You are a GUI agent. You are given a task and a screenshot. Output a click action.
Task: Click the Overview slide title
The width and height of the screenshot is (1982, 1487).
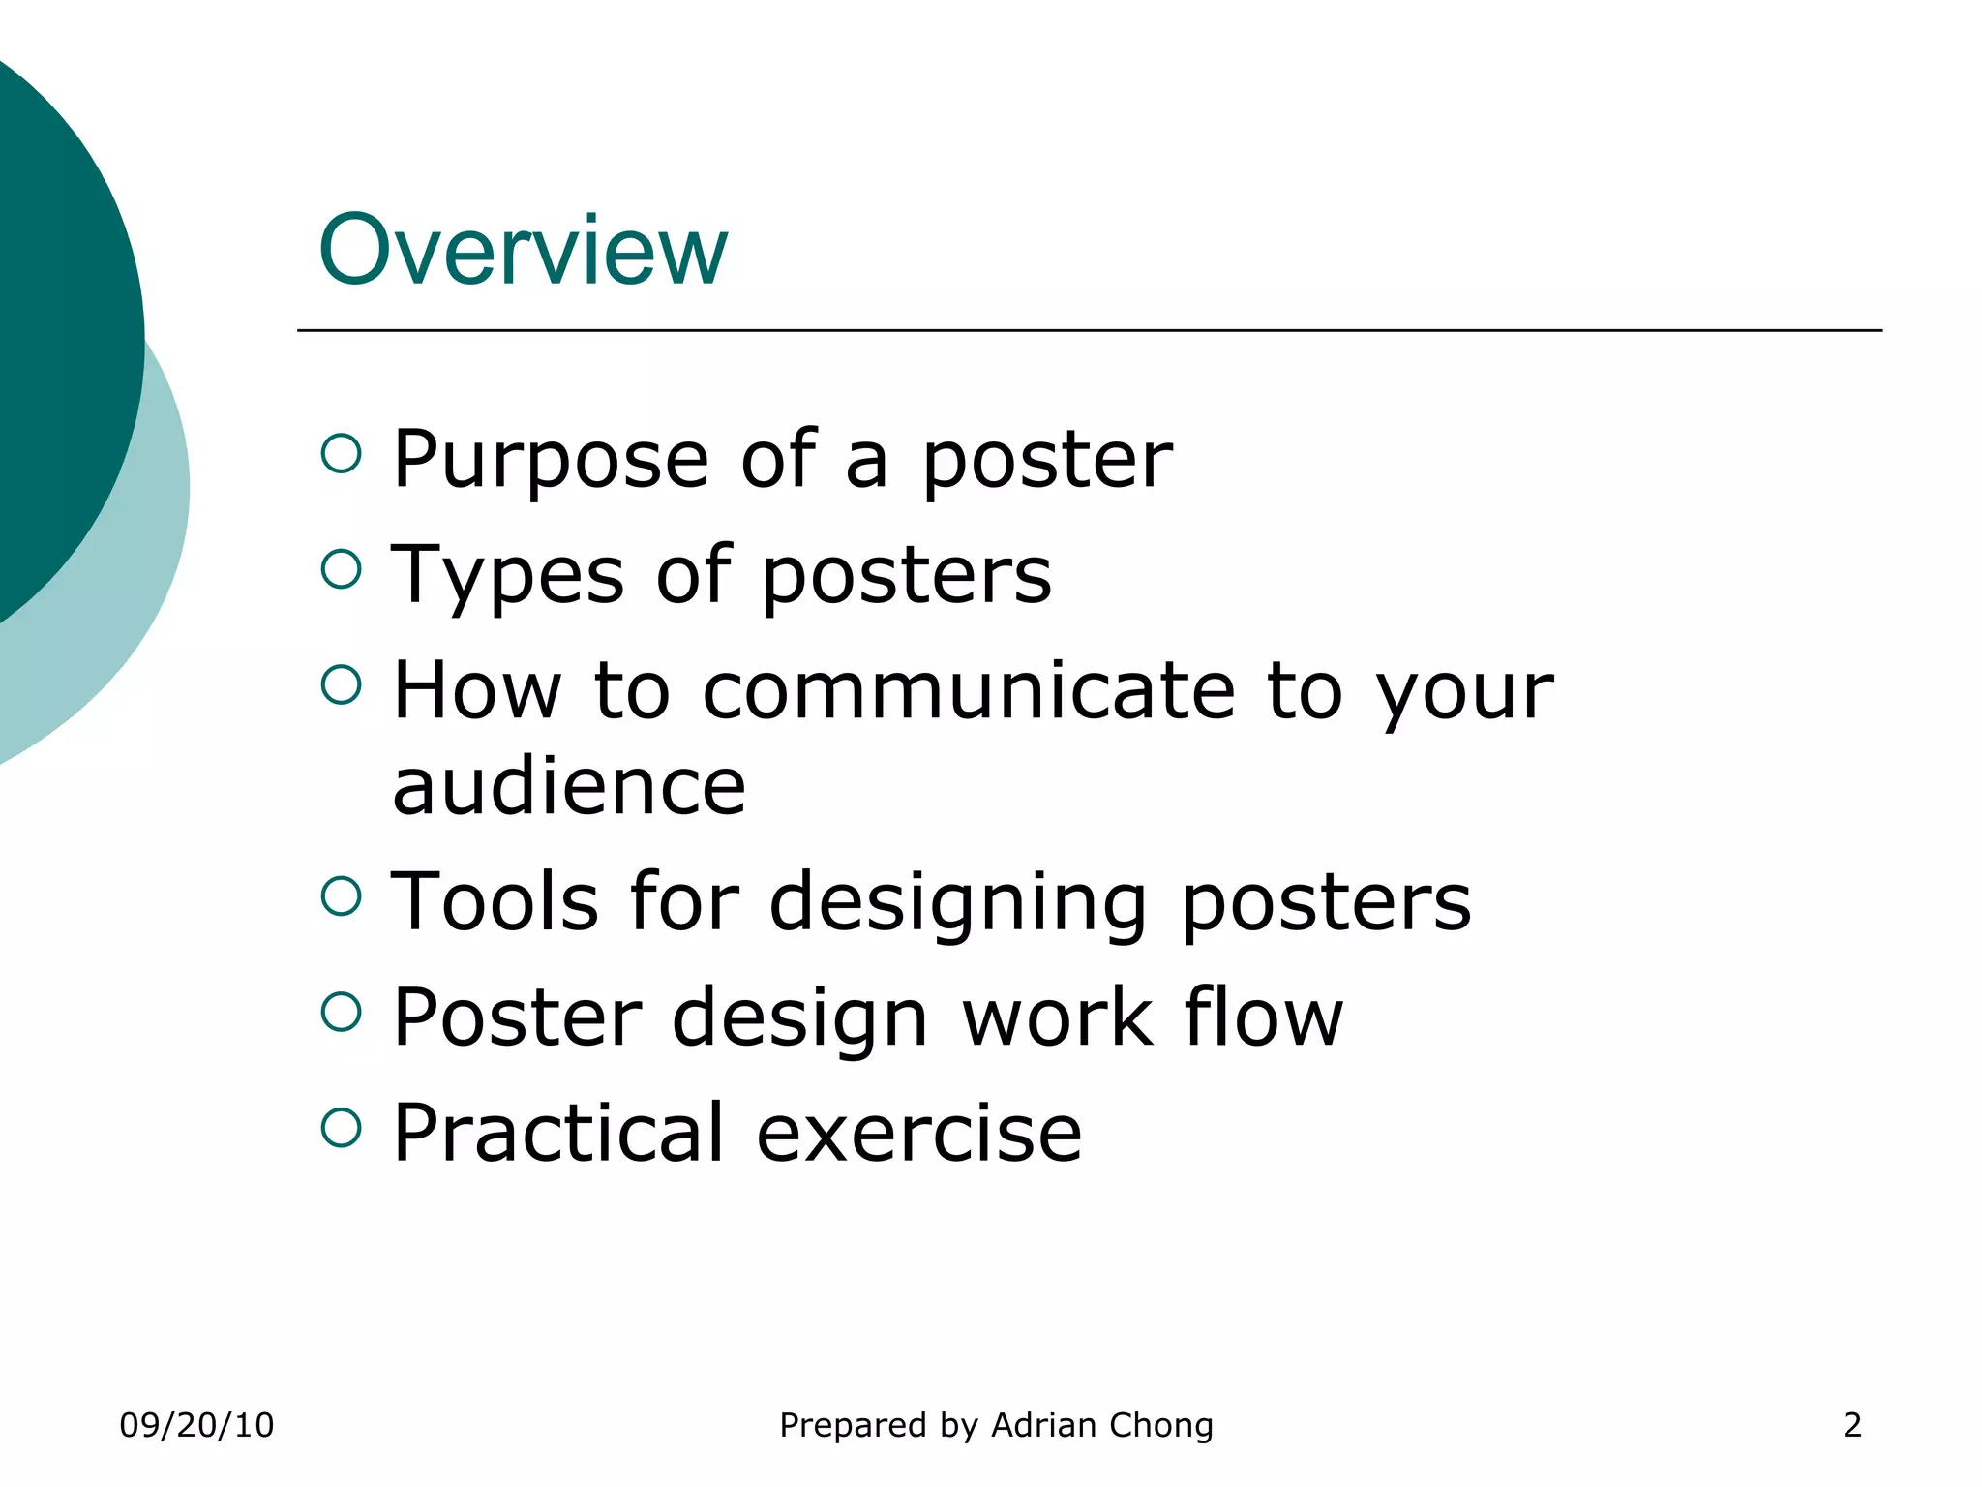(x=523, y=251)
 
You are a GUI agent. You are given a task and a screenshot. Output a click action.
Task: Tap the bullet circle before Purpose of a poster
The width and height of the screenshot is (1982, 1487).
(x=341, y=453)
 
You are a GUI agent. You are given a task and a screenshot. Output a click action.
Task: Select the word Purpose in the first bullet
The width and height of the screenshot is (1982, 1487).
(x=551, y=461)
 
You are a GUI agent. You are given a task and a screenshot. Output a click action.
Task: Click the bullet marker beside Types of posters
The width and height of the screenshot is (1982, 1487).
(x=341, y=568)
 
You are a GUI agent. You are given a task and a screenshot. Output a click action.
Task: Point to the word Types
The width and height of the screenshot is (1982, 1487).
(x=508, y=577)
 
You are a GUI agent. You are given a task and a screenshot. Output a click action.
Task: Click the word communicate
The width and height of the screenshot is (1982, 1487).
(x=969, y=691)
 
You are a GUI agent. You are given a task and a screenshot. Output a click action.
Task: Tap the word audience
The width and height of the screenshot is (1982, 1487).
(x=569, y=786)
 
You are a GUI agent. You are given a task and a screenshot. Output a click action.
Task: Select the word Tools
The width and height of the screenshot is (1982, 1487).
(x=495, y=902)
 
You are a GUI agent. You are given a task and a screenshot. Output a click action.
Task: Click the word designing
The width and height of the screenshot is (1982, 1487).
(x=959, y=904)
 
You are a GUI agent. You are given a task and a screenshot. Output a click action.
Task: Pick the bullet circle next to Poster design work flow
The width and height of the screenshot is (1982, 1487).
(x=341, y=1012)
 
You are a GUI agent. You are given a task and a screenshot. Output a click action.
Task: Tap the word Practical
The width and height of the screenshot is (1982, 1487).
(x=558, y=1134)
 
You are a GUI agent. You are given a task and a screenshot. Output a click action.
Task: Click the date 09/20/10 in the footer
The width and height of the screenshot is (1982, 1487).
(x=196, y=1425)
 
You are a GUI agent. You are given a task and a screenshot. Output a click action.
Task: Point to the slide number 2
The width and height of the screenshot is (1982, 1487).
(x=1851, y=1425)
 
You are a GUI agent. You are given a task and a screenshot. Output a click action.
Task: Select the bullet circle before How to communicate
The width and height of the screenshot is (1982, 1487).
(x=341, y=684)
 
